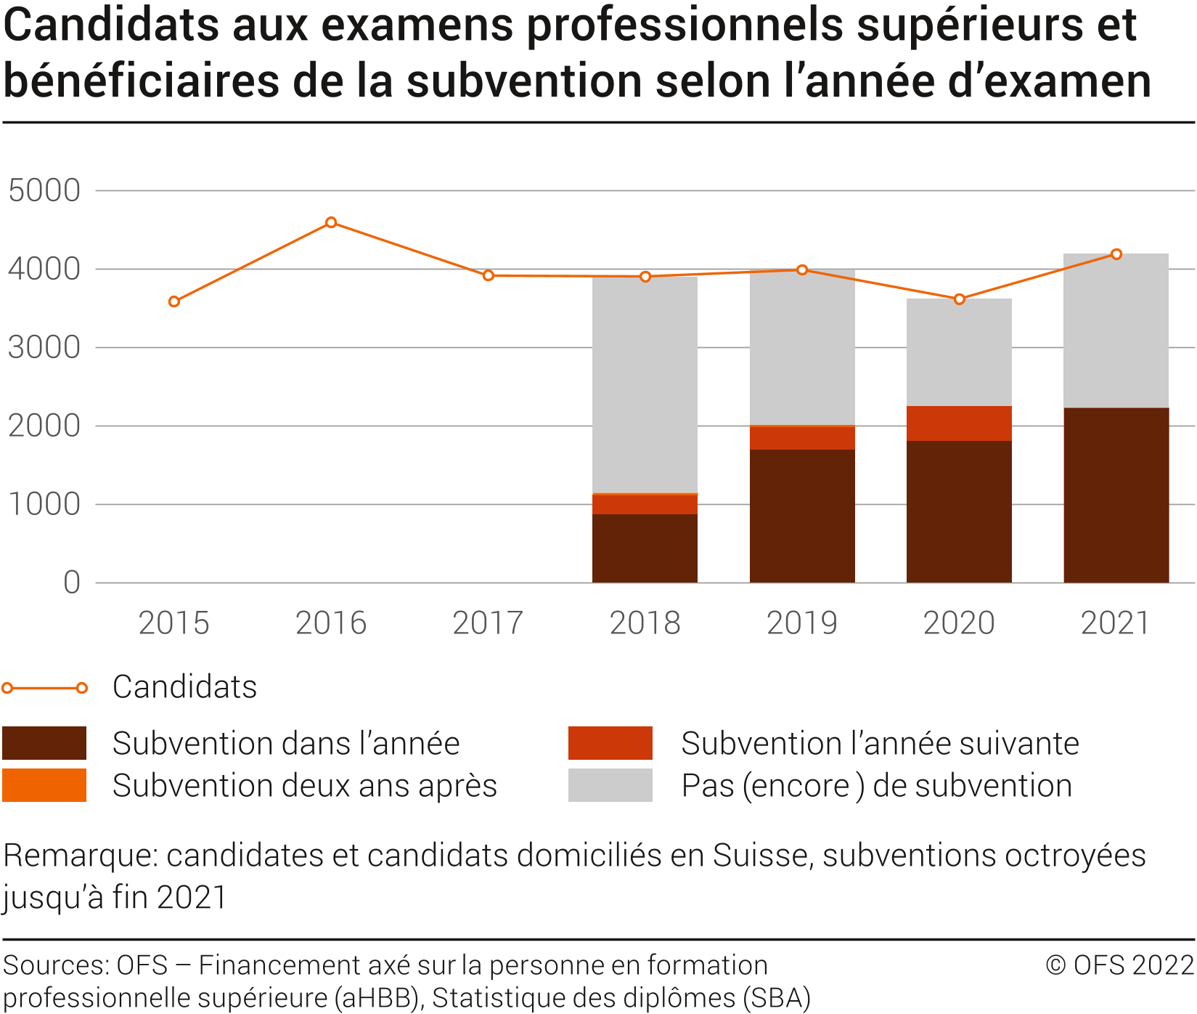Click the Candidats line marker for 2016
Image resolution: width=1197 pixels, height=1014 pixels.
331,222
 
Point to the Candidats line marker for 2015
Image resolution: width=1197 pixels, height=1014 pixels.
174,301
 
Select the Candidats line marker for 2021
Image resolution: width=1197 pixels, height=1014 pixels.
1116,254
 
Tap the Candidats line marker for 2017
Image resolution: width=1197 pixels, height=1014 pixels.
489,275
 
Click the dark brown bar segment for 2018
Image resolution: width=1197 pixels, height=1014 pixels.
645,548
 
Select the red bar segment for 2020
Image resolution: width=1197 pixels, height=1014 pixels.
959,423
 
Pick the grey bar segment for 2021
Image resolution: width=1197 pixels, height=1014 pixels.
1116,330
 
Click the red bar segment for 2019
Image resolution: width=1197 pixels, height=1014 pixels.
802,438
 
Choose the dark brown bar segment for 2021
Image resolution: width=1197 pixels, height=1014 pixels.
1116,495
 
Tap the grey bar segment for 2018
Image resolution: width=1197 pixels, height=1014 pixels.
645,385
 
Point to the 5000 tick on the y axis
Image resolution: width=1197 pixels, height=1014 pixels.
44,191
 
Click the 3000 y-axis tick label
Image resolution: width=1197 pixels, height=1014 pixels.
44,348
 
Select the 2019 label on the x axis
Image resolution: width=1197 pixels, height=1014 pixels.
802,623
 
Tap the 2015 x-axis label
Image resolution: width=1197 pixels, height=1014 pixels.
174,623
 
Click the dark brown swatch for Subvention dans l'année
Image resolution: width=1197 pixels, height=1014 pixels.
44,743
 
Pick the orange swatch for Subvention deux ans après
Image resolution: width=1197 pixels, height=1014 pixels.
44,785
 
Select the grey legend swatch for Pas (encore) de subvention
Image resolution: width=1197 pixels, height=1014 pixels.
610,785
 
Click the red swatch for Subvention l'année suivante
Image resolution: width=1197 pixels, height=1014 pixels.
610,743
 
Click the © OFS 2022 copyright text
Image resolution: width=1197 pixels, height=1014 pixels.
1119,965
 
